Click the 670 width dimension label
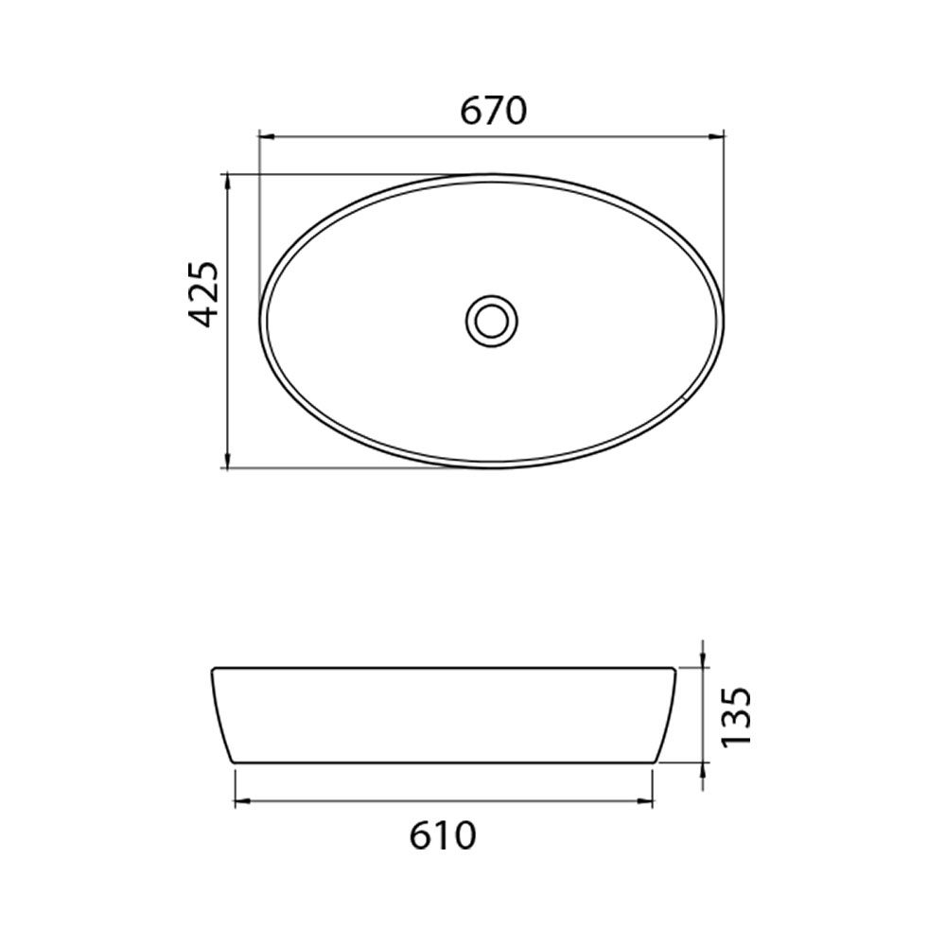(494, 111)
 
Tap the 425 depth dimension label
(201, 294)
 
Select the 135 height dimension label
(736, 716)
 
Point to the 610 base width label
(444, 835)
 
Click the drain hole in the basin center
(492, 321)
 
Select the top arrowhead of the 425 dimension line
(227, 183)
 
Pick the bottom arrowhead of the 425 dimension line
(227, 460)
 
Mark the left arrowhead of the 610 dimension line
(242, 801)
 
